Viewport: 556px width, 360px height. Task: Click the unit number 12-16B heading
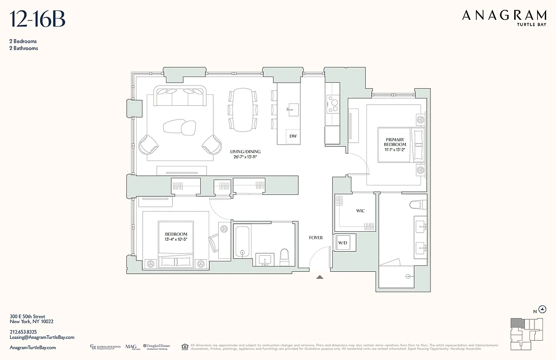tap(38, 20)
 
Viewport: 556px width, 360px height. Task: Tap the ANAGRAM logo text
tap(504, 16)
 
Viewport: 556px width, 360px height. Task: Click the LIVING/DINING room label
tap(245, 152)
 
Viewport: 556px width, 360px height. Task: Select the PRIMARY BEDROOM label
tap(395, 142)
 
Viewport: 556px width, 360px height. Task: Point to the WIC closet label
tap(360, 211)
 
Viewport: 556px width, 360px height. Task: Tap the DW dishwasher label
tap(293, 136)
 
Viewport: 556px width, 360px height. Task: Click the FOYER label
tap(316, 238)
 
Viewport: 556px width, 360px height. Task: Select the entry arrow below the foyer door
tap(320, 277)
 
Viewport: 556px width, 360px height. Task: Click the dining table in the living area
tap(243, 109)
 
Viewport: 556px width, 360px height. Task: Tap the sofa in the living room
tap(180, 95)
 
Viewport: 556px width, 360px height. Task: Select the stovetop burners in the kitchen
tap(333, 104)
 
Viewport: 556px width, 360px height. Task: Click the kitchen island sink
tap(293, 108)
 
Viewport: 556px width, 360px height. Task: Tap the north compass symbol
tap(543, 309)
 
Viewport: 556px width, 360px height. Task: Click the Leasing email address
tap(42, 337)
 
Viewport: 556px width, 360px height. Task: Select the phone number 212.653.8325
tap(23, 332)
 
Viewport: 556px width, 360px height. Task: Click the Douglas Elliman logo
tap(157, 346)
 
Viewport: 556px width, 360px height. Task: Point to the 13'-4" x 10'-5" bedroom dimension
tap(176, 239)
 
